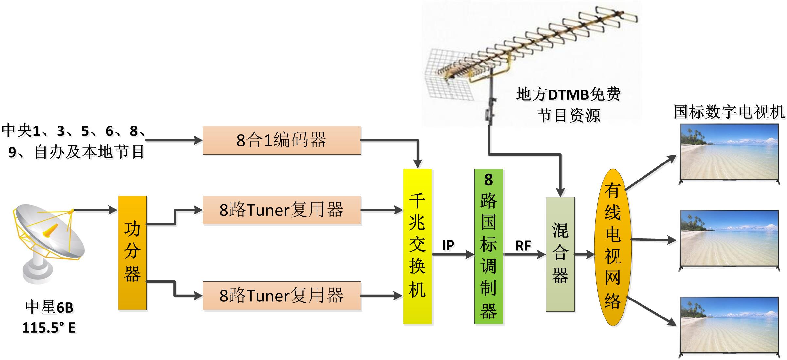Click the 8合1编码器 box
click(x=282, y=140)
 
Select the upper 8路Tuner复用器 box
click(x=282, y=210)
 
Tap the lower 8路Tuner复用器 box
click(x=282, y=295)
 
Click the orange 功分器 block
click(x=132, y=252)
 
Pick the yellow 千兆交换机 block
click(x=417, y=246)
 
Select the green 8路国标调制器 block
click(x=488, y=246)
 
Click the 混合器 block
click(x=560, y=254)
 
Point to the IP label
click(x=448, y=245)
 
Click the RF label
click(x=523, y=246)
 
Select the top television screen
click(x=729, y=153)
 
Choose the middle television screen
click(x=729, y=239)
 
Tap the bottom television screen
click(x=729, y=326)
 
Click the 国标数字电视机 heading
click(x=729, y=112)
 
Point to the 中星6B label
click(x=49, y=307)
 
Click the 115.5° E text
click(x=49, y=328)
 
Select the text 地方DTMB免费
click(x=568, y=95)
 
